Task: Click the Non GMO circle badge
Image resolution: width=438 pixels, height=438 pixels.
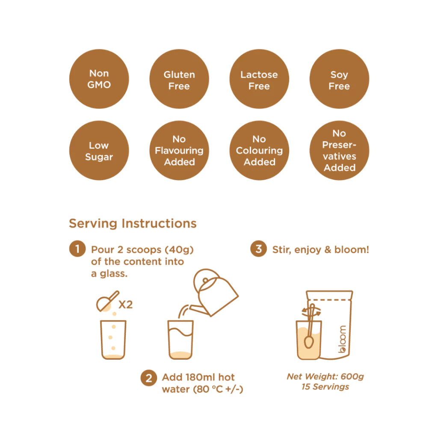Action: click(99, 79)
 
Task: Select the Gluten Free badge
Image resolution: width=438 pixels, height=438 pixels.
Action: click(179, 79)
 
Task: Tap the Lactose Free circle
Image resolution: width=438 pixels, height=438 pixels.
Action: click(259, 79)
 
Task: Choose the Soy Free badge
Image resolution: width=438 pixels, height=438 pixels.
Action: click(339, 79)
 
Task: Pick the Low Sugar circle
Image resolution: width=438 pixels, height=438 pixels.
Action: click(99, 150)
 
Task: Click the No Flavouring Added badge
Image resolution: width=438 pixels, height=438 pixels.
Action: click(179, 150)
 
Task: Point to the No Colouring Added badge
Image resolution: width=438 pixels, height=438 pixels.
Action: click(259, 150)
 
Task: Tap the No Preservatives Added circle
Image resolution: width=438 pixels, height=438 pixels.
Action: click(339, 150)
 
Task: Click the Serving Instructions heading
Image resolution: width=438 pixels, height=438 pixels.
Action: click(133, 223)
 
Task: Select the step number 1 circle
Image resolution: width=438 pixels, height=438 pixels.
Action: click(77, 249)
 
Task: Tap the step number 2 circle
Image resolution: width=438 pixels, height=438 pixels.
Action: click(149, 378)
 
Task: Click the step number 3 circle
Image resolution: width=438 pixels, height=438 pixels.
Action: click(259, 249)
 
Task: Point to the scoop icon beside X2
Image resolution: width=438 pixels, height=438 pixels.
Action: click(107, 302)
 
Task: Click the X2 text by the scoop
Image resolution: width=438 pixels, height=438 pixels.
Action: click(125, 304)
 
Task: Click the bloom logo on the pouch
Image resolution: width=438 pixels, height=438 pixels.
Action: click(342, 339)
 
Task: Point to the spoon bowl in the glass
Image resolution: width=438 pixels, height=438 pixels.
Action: click(309, 342)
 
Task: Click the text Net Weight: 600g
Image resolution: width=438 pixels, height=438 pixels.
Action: click(325, 376)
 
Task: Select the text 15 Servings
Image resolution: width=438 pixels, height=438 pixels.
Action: click(325, 387)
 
